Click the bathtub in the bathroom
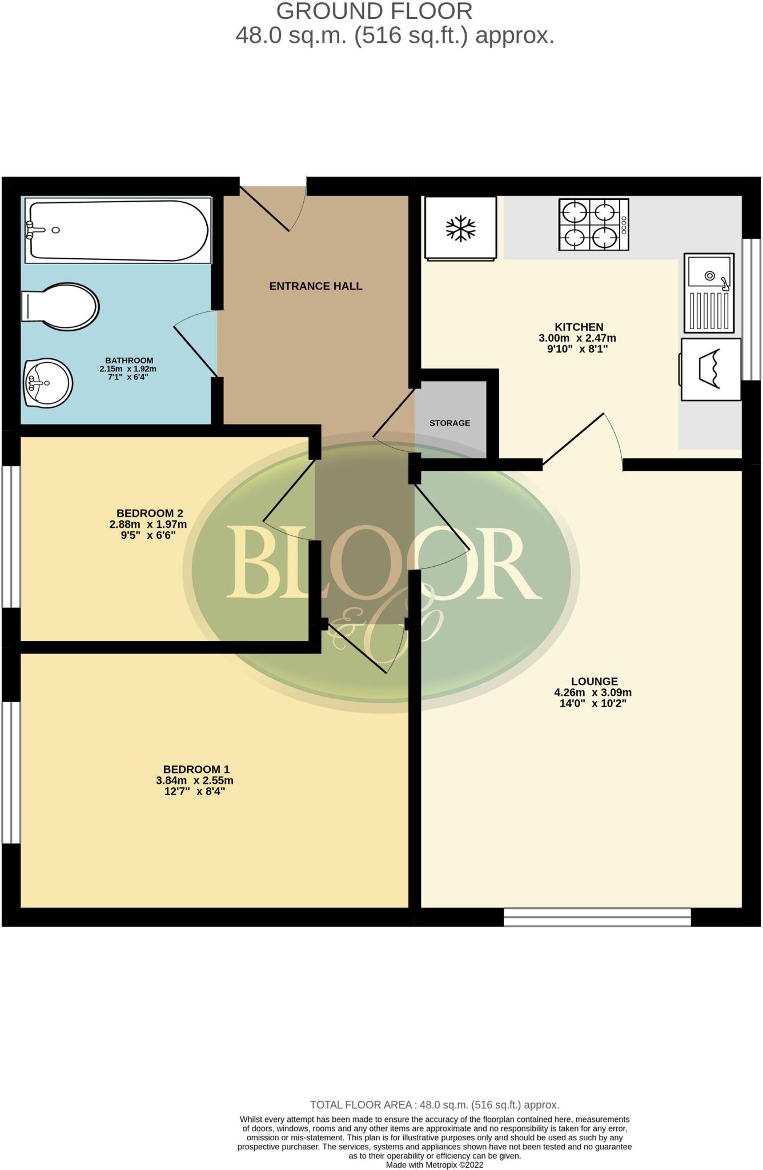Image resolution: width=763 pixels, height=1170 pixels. tap(117, 230)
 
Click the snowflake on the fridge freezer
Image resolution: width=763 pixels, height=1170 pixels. tap(460, 229)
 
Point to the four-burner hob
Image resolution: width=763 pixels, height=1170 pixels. tap(593, 225)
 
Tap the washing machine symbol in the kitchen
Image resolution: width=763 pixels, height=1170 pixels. tap(710, 370)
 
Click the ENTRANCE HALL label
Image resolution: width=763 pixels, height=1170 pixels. tap(316, 286)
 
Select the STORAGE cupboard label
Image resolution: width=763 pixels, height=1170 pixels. tap(450, 423)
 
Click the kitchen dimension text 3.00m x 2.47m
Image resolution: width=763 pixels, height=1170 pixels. tap(577, 338)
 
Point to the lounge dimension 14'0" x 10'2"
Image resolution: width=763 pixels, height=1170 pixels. tap(593, 704)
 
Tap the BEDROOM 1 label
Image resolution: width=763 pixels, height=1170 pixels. tap(196, 770)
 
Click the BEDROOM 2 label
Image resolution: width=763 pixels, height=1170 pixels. tap(150, 513)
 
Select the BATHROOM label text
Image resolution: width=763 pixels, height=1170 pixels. tap(129, 360)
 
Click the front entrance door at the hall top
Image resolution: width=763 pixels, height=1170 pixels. tap(273, 207)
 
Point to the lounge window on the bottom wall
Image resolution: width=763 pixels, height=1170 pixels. tap(597, 917)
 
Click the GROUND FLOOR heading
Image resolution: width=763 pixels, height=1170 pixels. tap(374, 11)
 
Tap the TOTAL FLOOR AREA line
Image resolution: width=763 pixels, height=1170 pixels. tap(434, 1105)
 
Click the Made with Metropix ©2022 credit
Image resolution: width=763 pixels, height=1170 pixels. tap(434, 1165)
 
